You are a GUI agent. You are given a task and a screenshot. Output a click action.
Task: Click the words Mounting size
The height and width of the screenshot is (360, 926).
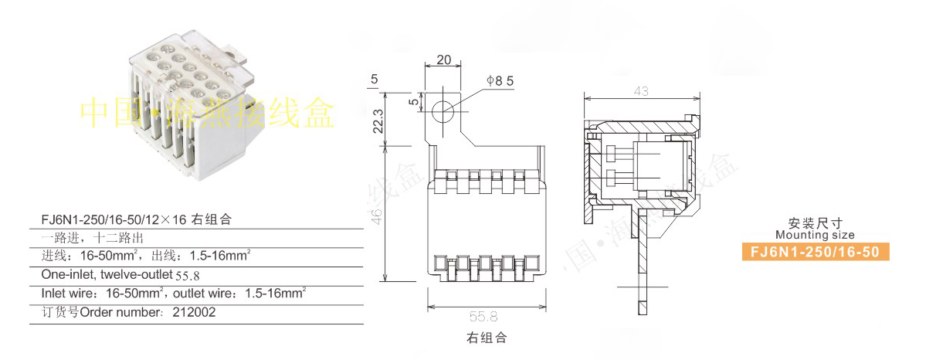(x=816, y=235)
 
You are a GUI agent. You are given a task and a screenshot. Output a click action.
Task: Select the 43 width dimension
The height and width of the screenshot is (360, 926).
(x=640, y=90)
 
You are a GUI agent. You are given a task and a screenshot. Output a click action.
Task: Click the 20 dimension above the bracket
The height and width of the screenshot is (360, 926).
(x=443, y=60)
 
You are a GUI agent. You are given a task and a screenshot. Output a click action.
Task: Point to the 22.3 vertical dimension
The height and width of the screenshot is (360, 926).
(x=377, y=121)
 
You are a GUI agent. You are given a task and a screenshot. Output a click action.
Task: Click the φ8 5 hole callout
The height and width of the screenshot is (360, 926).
(x=500, y=80)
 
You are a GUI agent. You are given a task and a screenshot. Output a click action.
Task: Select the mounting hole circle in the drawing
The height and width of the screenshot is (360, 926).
(x=443, y=111)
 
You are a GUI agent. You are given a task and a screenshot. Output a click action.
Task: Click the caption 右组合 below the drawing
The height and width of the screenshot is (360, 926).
(x=487, y=338)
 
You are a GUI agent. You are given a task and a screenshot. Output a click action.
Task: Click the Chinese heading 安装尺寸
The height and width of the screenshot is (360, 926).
(x=816, y=222)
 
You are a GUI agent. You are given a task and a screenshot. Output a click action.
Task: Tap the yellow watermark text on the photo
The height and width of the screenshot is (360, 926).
(x=208, y=113)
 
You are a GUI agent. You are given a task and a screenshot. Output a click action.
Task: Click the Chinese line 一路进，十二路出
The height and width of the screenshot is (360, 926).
(x=93, y=237)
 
